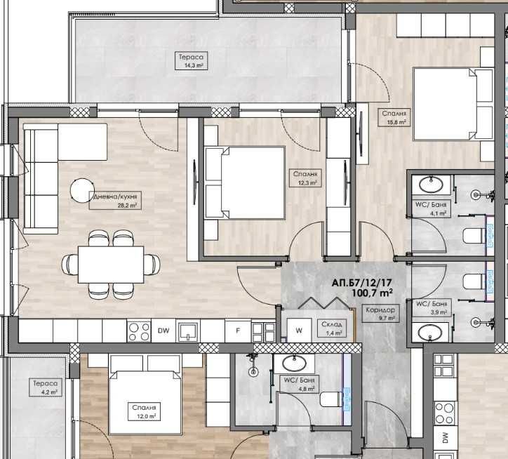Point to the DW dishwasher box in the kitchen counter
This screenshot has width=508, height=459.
tap(163, 331)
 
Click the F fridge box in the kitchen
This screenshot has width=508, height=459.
tap(237, 331)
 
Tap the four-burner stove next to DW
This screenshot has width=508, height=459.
tap(138, 331)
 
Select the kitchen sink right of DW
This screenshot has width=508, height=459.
tap(187, 331)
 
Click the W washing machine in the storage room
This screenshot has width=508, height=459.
tap(298, 329)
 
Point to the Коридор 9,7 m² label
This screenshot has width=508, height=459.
tap(382, 314)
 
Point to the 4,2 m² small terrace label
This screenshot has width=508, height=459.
tap(43, 388)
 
